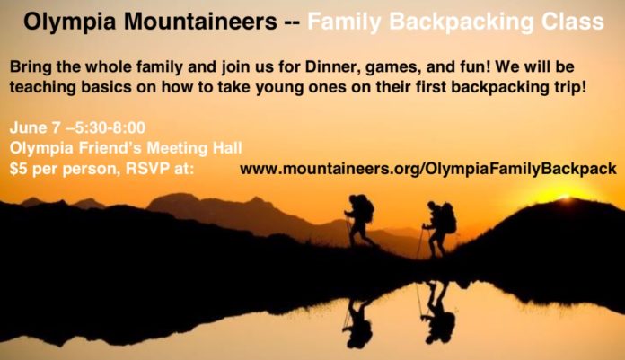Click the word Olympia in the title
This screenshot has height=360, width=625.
pyautogui.click(x=69, y=22)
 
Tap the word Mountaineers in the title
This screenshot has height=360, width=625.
pyautogui.click(x=200, y=22)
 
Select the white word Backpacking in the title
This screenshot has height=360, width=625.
pyautogui.click(x=462, y=22)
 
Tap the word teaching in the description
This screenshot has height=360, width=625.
pyautogui.click(x=42, y=87)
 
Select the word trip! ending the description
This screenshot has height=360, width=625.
pyautogui.click(x=570, y=87)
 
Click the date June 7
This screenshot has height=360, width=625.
pyautogui.click(x=35, y=127)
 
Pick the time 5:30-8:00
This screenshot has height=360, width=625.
pyautogui.click(x=110, y=127)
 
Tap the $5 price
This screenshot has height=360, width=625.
pyautogui.click(x=19, y=169)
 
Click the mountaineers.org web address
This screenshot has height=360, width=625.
pyautogui.click(x=428, y=169)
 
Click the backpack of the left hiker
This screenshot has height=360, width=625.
pyautogui.click(x=365, y=208)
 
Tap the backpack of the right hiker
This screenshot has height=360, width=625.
pyautogui.click(x=449, y=218)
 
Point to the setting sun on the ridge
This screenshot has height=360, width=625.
pyautogui.click(x=565, y=196)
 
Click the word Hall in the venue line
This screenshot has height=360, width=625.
pyautogui.click(x=227, y=148)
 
